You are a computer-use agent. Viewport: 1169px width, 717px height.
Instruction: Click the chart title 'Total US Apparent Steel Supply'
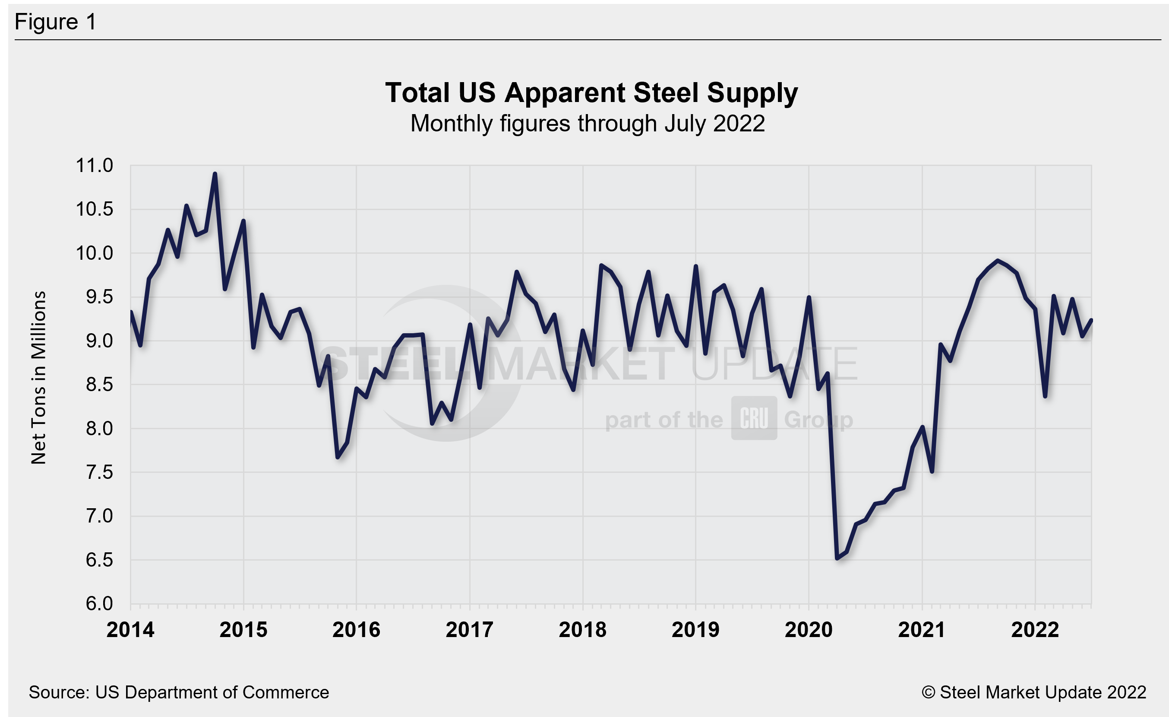point(591,92)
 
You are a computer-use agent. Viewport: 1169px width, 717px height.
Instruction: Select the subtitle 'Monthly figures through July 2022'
point(588,124)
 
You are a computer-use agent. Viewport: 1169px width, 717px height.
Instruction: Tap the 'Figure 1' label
point(56,22)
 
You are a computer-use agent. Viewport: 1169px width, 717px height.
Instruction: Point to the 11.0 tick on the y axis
point(95,166)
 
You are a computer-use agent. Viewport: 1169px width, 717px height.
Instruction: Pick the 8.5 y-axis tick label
point(99,385)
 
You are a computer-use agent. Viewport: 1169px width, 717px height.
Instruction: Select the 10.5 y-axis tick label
point(95,210)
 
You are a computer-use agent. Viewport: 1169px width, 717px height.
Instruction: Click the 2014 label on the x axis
point(130,630)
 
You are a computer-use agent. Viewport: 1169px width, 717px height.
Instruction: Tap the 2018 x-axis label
point(583,630)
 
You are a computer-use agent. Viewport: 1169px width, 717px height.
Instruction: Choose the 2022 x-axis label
point(1035,630)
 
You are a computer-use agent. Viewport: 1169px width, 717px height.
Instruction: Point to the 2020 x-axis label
point(809,630)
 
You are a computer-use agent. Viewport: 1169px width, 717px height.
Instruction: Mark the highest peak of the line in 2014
point(215,174)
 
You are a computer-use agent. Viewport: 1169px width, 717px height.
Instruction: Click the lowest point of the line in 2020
point(837,558)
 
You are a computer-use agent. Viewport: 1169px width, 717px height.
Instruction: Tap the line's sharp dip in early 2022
point(1045,395)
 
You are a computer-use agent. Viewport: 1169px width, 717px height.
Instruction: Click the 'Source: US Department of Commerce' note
point(178,693)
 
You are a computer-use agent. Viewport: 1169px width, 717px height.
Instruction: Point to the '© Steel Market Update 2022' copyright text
point(1034,693)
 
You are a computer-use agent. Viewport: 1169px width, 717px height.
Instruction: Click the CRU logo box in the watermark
point(754,418)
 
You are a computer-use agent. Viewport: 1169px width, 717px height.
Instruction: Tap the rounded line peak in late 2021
point(998,261)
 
